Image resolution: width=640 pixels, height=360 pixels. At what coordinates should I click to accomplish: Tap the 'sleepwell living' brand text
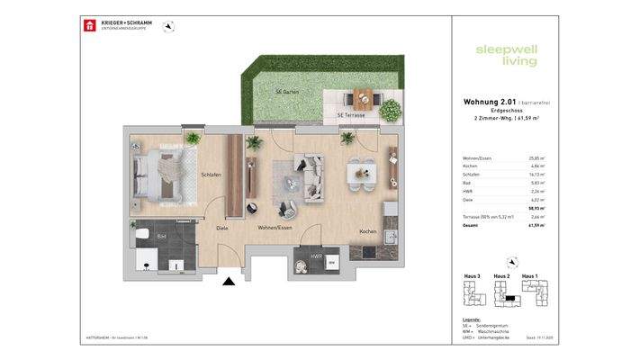506,55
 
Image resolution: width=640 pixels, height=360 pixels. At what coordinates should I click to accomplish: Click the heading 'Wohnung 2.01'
484,103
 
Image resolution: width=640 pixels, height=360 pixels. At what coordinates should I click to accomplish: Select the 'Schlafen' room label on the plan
211,175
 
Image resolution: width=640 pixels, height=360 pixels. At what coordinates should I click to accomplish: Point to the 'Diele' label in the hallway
221,228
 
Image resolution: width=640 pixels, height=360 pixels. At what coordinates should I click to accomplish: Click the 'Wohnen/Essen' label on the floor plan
275,228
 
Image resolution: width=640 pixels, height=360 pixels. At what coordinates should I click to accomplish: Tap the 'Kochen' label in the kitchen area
367,231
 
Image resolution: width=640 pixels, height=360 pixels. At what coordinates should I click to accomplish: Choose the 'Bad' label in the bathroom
162,236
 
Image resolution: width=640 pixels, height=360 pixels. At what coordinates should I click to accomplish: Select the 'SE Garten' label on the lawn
288,93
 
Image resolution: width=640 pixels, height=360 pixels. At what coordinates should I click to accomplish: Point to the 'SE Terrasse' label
350,115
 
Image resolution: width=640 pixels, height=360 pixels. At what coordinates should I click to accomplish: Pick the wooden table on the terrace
363,98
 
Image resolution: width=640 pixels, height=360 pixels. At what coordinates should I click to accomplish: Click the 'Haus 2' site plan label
501,275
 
